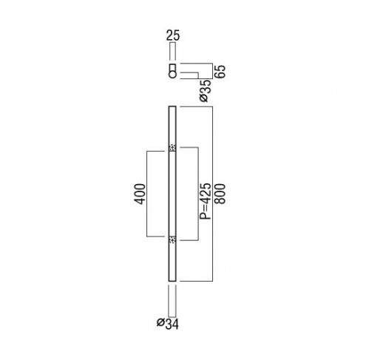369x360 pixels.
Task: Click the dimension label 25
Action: (x=173, y=35)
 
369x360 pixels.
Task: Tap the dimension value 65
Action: (x=220, y=72)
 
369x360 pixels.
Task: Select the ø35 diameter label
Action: (x=206, y=91)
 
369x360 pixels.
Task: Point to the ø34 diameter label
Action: (x=168, y=324)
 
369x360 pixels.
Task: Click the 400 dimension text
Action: (x=140, y=194)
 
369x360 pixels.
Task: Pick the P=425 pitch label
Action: (x=206, y=201)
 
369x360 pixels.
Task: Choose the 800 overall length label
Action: (x=220, y=194)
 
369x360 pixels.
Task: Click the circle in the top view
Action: (x=172, y=75)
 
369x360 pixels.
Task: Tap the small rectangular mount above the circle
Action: (x=172, y=67)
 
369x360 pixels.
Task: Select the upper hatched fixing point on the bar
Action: (x=172, y=148)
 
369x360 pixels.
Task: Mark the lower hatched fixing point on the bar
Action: (x=172, y=239)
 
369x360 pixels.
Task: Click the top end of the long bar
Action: (x=172, y=106)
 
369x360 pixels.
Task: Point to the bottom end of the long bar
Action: (x=172, y=281)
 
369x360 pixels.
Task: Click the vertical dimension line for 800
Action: (x=212, y=194)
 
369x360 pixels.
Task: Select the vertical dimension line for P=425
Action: (x=198, y=194)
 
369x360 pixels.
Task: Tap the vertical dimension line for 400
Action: (x=147, y=194)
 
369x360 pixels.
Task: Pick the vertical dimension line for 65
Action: (x=212, y=71)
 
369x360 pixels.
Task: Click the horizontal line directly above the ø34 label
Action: (x=172, y=317)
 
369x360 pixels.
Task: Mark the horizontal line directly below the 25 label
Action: (x=173, y=43)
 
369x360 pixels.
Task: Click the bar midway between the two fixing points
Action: (x=172, y=194)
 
